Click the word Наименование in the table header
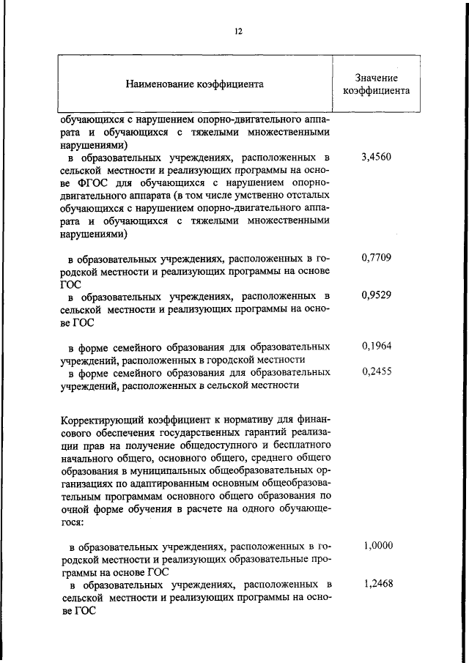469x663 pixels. click(158, 84)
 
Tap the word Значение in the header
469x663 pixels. click(377, 78)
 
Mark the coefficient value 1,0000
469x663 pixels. click(378, 546)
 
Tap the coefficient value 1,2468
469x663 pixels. click(378, 585)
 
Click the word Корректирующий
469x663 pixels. click(102, 421)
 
